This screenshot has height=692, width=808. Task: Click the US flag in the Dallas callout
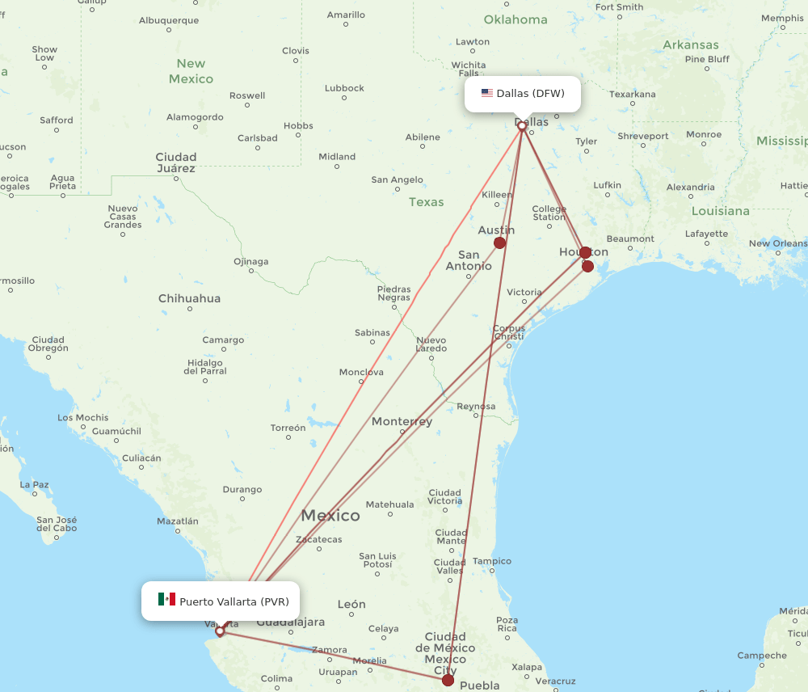click(x=486, y=93)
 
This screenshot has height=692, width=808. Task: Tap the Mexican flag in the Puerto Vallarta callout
click(x=166, y=599)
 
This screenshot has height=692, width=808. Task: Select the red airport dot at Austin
click(x=499, y=243)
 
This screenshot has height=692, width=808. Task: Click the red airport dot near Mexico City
click(x=448, y=680)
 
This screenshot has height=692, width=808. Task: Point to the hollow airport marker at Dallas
click(x=522, y=126)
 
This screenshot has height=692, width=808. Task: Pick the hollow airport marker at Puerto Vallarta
click(x=220, y=631)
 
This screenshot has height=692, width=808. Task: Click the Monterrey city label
click(x=402, y=421)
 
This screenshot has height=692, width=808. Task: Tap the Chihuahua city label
click(x=189, y=298)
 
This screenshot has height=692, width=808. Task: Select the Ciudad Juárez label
click(x=176, y=162)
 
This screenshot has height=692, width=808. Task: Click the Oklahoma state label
click(x=515, y=19)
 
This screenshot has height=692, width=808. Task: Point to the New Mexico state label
click(x=191, y=71)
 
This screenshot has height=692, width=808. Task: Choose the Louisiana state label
click(x=721, y=211)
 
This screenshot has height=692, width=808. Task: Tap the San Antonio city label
click(x=469, y=260)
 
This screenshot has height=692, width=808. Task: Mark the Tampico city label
click(x=492, y=561)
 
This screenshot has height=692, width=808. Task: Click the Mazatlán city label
click(x=177, y=521)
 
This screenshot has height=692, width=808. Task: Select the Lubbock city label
click(x=344, y=88)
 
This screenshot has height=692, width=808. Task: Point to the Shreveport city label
click(x=643, y=136)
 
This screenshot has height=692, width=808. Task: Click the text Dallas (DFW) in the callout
click(x=530, y=93)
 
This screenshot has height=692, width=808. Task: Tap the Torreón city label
click(x=288, y=428)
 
